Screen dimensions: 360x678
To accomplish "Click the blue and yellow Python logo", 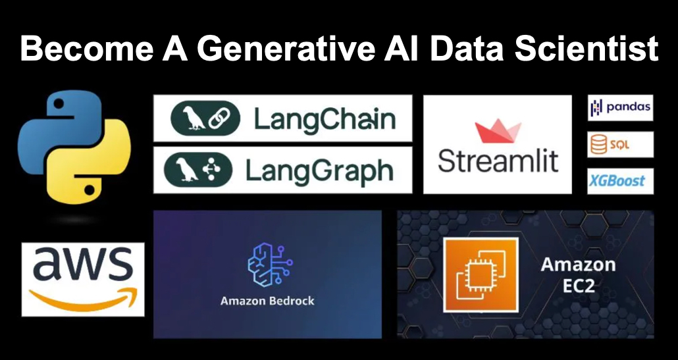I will point(74,145).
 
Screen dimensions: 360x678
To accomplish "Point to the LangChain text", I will point(325,120).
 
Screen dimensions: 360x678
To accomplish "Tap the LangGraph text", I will point(319,170).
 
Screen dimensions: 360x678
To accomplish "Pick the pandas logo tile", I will point(620,108).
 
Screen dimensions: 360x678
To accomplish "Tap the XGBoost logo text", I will point(620,181).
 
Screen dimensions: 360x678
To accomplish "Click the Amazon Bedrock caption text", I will point(267,301).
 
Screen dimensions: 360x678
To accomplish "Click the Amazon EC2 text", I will point(578,274).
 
